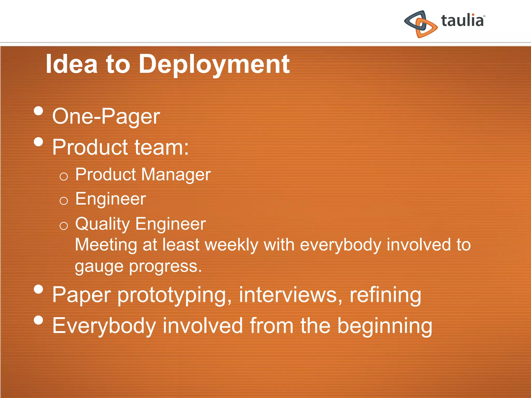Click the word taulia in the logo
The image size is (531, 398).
[462, 21]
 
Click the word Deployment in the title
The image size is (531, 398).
[214, 64]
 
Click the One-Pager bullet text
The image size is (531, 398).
[106, 116]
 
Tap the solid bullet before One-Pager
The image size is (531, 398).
[38, 111]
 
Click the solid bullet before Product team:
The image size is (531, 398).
[38, 142]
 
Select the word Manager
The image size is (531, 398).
[176, 174]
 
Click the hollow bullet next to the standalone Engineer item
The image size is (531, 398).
[64, 201]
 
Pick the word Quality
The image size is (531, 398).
[102, 224]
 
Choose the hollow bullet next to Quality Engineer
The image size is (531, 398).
[64, 226]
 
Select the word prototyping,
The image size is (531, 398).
[174, 295]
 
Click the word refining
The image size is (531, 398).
[385, 295]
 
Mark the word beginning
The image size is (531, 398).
[385, 326]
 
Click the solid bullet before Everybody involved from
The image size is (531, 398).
[38, 320]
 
